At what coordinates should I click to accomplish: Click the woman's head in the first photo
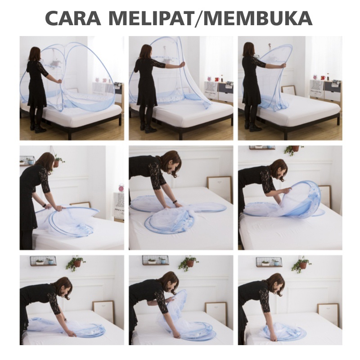(x=35, y=54)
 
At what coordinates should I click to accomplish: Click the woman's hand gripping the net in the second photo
(x=182, y=65)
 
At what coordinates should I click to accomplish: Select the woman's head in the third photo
(x=249, y=49)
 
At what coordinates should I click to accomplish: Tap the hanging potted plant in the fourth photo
(x=58, y=161)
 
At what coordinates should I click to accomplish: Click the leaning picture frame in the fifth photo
(x=219, y=188)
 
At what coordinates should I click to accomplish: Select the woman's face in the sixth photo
(x=282, y=170)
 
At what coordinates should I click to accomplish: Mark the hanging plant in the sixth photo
(x=294, y=149)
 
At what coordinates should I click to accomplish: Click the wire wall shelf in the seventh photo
(x=43, y=261)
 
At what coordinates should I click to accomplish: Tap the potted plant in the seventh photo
(x=76, y=262)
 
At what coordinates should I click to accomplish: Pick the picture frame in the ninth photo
(x=328, y=314)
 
